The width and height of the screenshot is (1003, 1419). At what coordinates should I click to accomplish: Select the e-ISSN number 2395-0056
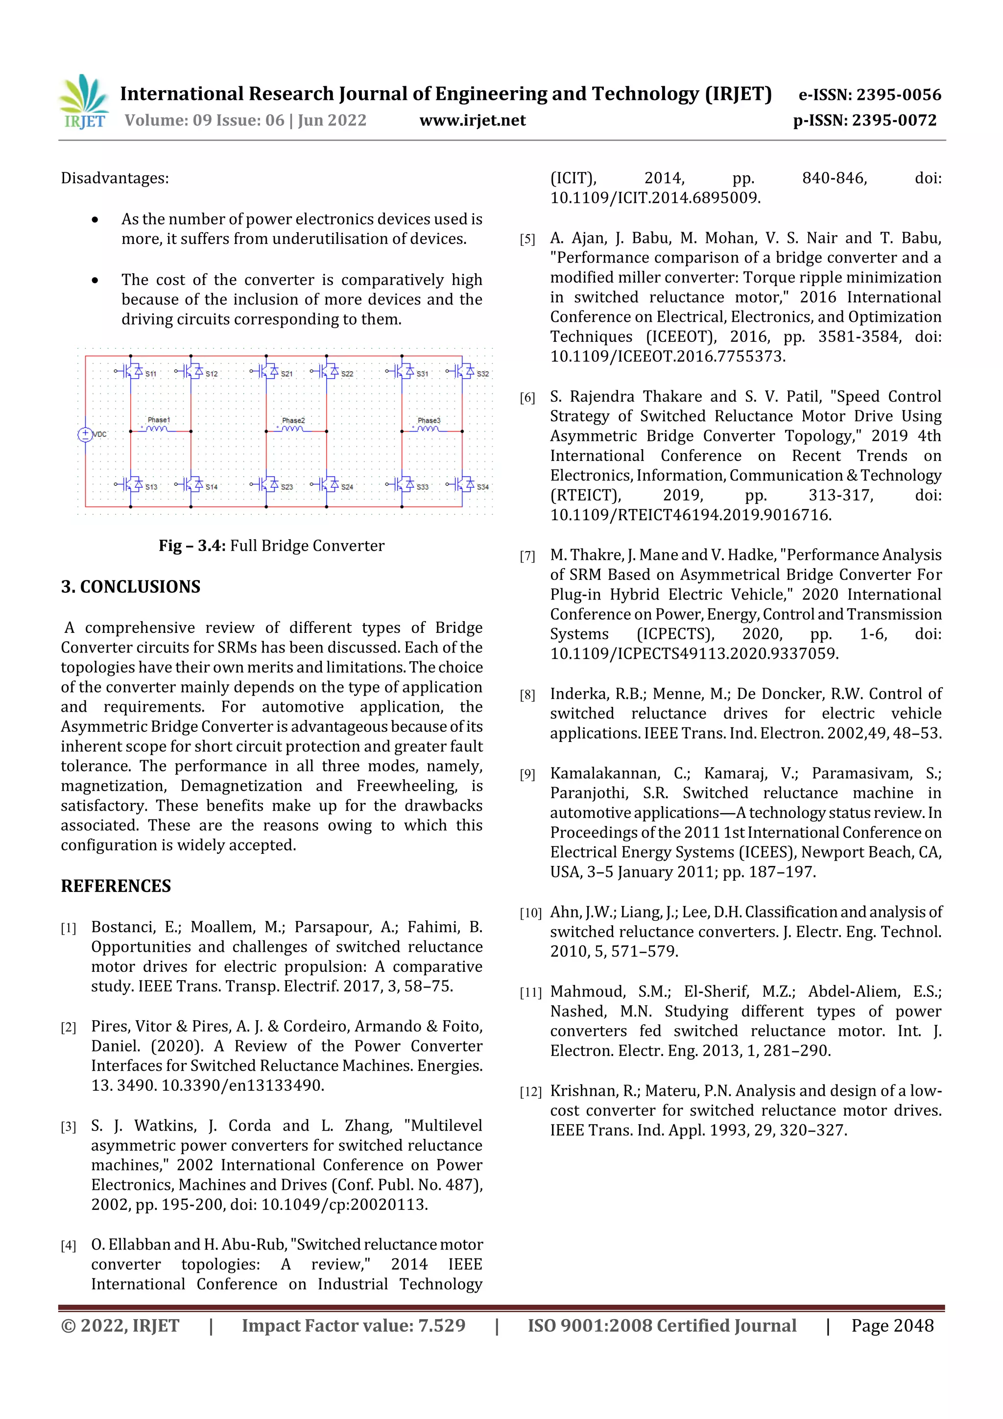coord(898,95)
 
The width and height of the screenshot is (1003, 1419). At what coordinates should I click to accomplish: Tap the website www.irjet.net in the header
coord(472,120)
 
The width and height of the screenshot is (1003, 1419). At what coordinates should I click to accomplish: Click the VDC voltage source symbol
coord(85,434)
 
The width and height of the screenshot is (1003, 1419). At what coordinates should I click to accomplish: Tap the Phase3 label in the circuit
coord(429,420)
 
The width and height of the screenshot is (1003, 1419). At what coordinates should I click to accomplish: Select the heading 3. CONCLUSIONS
coord(130,586)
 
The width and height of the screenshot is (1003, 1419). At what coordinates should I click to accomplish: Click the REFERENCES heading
coord(116,886)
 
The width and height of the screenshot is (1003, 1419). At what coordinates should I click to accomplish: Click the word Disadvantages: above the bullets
coord(114,179)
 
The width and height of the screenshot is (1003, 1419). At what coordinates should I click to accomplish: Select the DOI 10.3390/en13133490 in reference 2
coord(242,1085)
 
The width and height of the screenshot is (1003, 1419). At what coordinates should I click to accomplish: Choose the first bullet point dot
coord(95,219)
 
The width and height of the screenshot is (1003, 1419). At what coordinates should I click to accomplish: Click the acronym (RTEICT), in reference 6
coord(585,495)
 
